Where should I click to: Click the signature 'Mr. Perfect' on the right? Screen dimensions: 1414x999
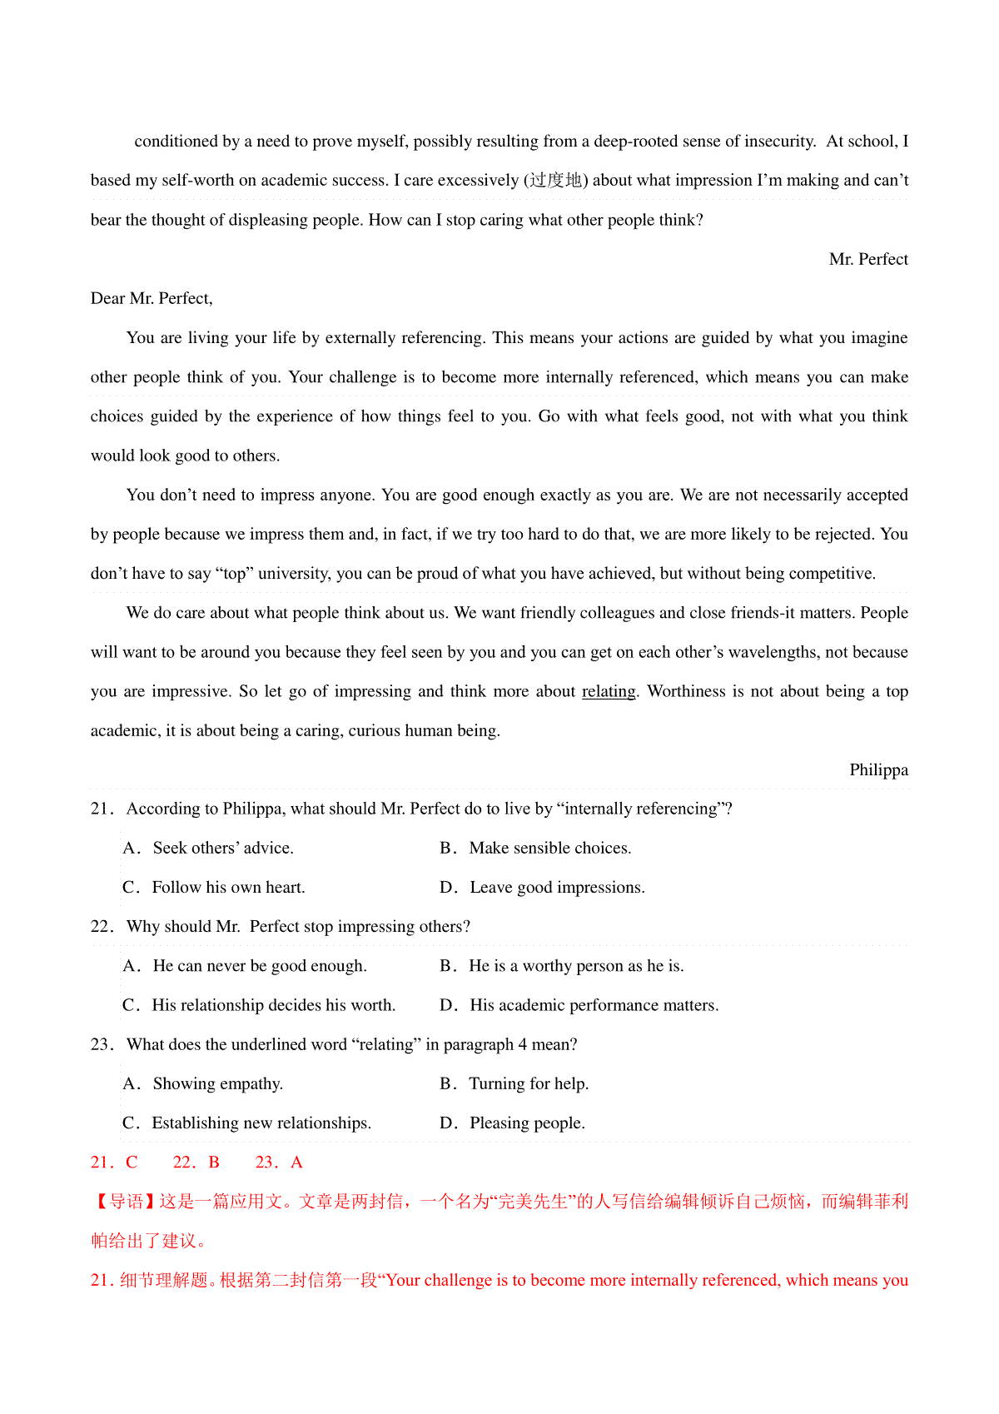[867, 259]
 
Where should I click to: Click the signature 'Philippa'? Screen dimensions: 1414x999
[878, 769]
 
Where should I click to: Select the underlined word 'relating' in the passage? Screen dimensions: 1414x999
[609, 691]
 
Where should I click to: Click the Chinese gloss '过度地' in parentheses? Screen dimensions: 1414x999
[556, 181]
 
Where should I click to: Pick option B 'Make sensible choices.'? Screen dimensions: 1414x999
[535, 848]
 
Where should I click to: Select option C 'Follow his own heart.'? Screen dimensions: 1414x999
[214, 887]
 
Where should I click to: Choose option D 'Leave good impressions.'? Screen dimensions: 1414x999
[542, 887]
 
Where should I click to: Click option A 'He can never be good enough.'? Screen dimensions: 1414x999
[245, 966]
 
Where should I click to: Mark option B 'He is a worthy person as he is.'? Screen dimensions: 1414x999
[562, 966]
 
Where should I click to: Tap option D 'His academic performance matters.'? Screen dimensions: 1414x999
[579, 1005]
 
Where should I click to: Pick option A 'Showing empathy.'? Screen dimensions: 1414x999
[203, 1083]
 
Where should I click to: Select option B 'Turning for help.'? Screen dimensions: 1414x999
[514, 1083]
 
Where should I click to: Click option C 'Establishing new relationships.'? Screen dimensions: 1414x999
[247, 1123]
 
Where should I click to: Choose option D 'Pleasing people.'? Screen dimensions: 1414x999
[513, 1123]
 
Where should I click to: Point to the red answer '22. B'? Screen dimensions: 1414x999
[196, 1163]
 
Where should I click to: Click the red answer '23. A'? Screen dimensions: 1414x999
[279, 1163]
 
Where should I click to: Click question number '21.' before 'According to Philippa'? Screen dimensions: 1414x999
[102, 809]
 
